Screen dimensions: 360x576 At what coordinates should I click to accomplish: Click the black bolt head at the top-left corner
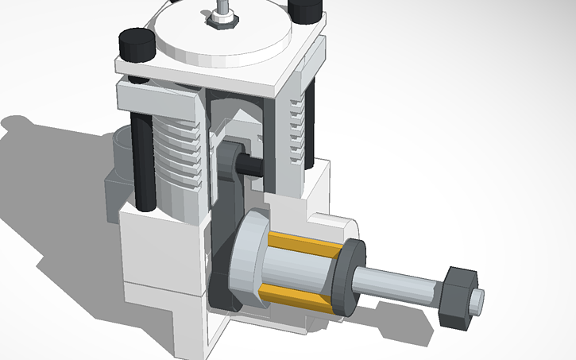tap(135, 43)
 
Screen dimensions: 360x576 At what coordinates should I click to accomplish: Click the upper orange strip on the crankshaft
tap(305, 242)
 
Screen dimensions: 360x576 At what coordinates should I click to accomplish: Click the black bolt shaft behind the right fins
tap(311, 119)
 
